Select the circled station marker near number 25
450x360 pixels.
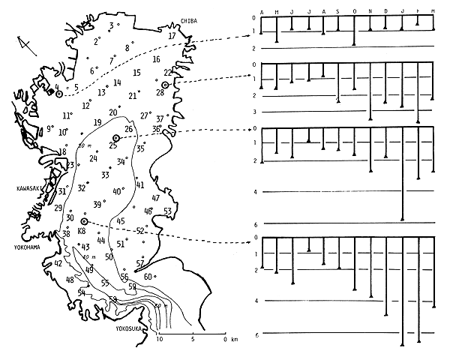click(116, 138)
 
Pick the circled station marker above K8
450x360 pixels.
click(85, 222)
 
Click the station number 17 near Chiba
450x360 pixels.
click(172, 35)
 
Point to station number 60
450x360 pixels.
click(148, 277)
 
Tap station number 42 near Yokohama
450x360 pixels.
click(58, 263)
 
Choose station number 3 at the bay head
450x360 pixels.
click(111, 25)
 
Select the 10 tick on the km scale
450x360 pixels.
click(160, 340)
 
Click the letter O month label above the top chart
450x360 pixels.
click(354, 11)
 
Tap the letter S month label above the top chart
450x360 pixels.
click(338, 11)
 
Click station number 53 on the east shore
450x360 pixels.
click(167, 211)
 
